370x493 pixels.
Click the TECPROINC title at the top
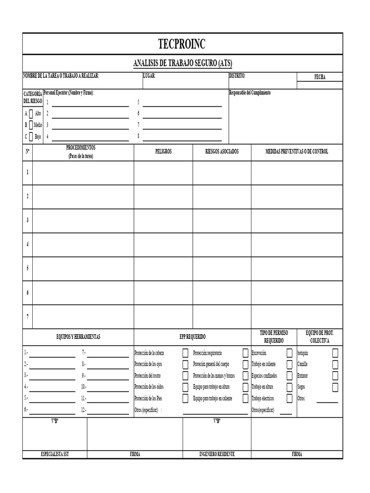[182, 44]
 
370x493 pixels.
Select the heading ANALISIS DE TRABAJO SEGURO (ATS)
[182, 64]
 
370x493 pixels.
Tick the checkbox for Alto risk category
[31, 114]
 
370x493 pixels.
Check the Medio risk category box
[31, 125]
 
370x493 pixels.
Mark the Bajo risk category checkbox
[31, 136]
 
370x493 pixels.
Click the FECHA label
[320, 77]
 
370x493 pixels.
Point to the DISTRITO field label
[237, 76]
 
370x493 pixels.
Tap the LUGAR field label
[149, 76]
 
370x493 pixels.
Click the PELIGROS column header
[163, 151]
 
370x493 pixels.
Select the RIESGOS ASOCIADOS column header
[222, 151]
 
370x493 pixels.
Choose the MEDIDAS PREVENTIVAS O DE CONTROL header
[297, 151]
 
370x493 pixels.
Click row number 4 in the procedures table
[27, 244]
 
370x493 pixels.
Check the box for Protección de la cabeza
[185, 353]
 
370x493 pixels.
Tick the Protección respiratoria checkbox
[246, 353]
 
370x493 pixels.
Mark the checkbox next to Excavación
[289, 353]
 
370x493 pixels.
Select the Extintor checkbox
[335, 376]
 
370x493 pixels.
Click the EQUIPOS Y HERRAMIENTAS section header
[78, 337]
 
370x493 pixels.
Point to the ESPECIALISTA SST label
[55, 454]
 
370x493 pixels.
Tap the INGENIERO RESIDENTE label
[217, 454]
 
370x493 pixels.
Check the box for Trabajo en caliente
[289, 364]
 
